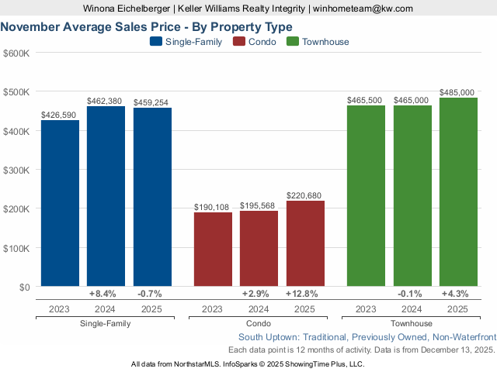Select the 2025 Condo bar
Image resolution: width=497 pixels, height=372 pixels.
click(x=305, y=243)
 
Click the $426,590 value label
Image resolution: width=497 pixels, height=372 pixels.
click(x=60, y=115)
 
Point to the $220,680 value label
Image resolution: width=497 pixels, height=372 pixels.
click(x=305, y=195)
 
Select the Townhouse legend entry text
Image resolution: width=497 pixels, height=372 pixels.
click(x=326, y=42)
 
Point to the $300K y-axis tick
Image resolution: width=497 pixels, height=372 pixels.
click(x=17, y=170)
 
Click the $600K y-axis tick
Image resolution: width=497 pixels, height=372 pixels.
click(x=17, y=53)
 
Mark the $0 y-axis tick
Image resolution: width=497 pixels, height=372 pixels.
click(x=23, y=287)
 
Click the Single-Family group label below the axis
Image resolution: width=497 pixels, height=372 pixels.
click(x=106, y=323)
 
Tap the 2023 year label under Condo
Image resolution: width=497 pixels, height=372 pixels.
click(x=213, y=309)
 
